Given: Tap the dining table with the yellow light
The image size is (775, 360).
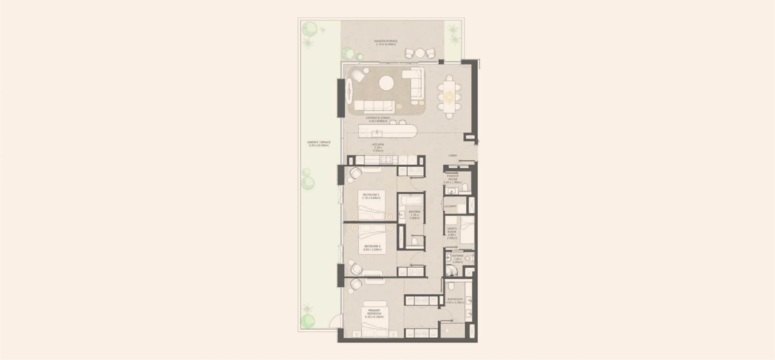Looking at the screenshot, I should click(449, 97).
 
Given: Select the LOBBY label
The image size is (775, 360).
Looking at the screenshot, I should click(452, 155).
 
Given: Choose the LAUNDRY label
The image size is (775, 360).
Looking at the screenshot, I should click(450, 206).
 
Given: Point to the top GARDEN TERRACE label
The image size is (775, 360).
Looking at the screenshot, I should click(385, 42).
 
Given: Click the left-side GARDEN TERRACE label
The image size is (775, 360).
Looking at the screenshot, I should click(318, 144).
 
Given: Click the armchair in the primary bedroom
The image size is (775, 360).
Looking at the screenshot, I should click(356, 284).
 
